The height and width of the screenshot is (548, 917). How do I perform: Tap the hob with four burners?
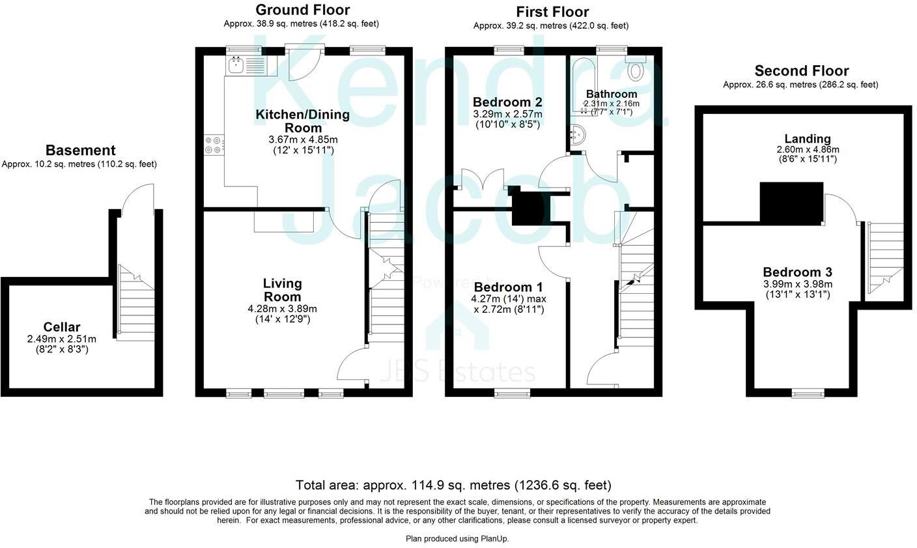213,145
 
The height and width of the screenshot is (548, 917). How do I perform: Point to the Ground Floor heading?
302,10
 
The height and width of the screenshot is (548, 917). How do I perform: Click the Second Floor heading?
801,70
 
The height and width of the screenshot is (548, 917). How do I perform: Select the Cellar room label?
62,327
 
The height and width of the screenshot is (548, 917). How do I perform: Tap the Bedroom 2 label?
507,102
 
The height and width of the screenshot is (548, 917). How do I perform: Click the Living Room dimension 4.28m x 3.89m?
282,309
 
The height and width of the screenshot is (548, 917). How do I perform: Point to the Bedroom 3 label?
797,272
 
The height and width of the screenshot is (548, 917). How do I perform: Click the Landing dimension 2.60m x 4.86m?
808,149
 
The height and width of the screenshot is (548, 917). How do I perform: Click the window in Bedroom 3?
807,393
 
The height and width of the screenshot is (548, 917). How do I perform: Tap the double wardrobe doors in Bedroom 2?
482,179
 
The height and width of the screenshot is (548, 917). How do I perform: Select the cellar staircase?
135,303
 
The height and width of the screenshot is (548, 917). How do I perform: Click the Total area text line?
453,485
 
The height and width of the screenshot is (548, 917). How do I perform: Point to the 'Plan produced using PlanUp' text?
457,539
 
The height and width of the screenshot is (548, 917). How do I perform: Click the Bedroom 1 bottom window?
511,393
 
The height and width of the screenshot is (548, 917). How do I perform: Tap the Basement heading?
80,151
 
